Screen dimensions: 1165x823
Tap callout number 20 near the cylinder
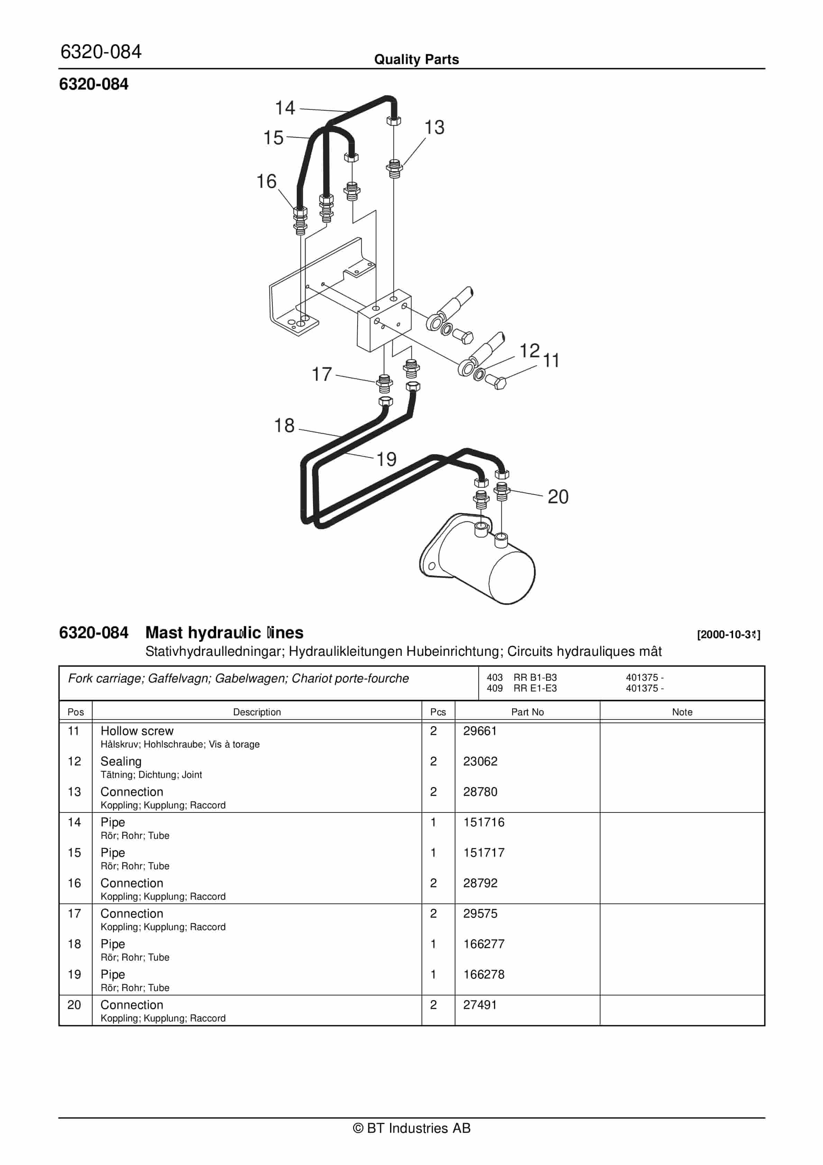pyautogui.click(x=558, y=497)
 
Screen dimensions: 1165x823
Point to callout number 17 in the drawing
pyautogui.click(x=322, y=375)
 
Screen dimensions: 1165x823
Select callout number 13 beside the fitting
pyautogui.click(x=434, y=127)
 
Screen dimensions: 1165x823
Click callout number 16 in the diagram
pyautogui.click(x=266, y=182)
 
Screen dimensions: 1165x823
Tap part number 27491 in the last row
pyautogui.click(x=480, y=1005)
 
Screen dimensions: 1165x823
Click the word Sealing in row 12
pyautogui.click(x=121, y=761)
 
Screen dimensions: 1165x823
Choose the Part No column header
pyautogui.click(x=527, y=712)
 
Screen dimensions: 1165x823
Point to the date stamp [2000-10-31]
pyautogui.click(x=728, y=634)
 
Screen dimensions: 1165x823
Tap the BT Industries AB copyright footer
pyautogui.click(x=411, y=1128)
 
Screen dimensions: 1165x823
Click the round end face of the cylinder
pyautogui.click(x=511, y=577)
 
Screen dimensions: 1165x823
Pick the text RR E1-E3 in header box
pyautogui.click(x=535, y=689)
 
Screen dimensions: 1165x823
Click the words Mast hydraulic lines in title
pyautogui.click(x=224, y=633)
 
